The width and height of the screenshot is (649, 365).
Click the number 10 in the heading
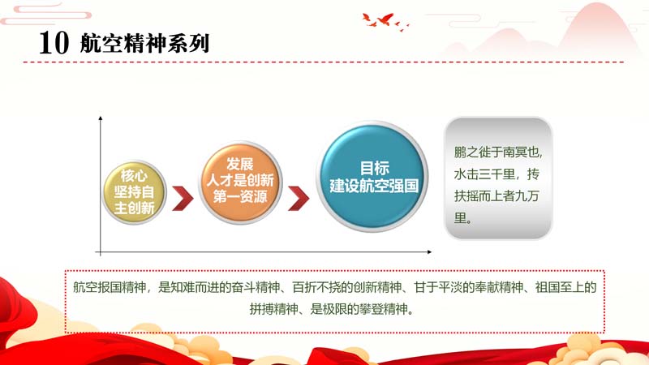[x=54, y=43]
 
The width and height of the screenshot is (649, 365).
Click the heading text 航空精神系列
[x=145, y=43]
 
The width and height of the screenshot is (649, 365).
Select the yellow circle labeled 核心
[x=134, y=192]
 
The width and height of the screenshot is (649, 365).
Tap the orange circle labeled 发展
[x=240, y=182]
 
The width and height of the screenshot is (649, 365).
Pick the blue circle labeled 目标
[x=372, y=177]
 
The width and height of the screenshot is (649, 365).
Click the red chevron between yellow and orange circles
[x=183, y=198]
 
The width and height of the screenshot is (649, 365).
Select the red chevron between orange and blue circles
[x=299, y=198]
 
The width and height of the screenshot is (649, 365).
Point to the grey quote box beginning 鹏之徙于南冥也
[x=498, y=178]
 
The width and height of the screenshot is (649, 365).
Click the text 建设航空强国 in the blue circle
[x=374, y=187]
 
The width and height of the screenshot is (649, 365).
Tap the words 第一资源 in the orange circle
[x=240, y=196]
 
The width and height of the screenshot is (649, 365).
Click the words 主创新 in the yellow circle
[x=134, y=208]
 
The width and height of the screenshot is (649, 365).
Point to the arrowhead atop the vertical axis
[x=100, y=118]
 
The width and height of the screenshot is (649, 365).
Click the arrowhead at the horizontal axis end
[x=429, y=251]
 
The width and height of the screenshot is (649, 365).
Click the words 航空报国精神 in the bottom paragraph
[x=110, y=287]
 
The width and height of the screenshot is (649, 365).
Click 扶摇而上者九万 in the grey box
[x=496, y=195]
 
